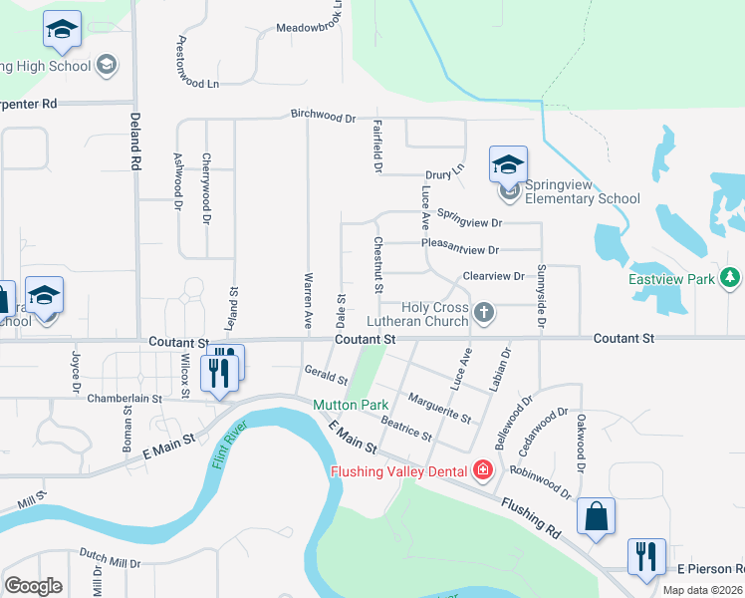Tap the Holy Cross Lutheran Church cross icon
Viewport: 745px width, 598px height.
[x=484, y=314]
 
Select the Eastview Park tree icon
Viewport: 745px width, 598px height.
[x=731, y=276]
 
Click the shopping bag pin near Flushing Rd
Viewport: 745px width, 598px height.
[x=596, y=516]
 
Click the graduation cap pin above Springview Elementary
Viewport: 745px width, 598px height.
[x=508, y=163]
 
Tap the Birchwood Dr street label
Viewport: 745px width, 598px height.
[x=323, y=116]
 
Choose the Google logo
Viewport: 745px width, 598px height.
[x=33, y=586]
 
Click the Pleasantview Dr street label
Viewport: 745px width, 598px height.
[x=459, y=249]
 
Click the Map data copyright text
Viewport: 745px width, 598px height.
[x=703, y=590]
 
